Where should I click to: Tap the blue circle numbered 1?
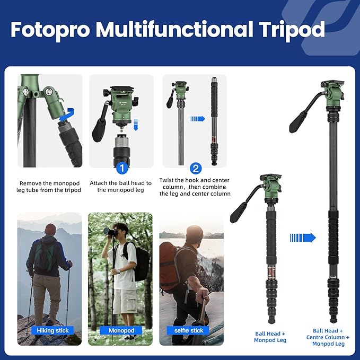121,169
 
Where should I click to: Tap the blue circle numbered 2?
196,169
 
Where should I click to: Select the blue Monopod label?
121,330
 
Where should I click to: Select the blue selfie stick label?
189,330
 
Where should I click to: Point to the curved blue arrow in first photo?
65,115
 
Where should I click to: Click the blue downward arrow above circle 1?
136,124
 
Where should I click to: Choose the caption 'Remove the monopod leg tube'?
50,187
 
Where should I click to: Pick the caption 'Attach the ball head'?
120,187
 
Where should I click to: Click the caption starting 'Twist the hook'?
194,187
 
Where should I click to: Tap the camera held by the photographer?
110,232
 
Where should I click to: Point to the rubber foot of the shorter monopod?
271,320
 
